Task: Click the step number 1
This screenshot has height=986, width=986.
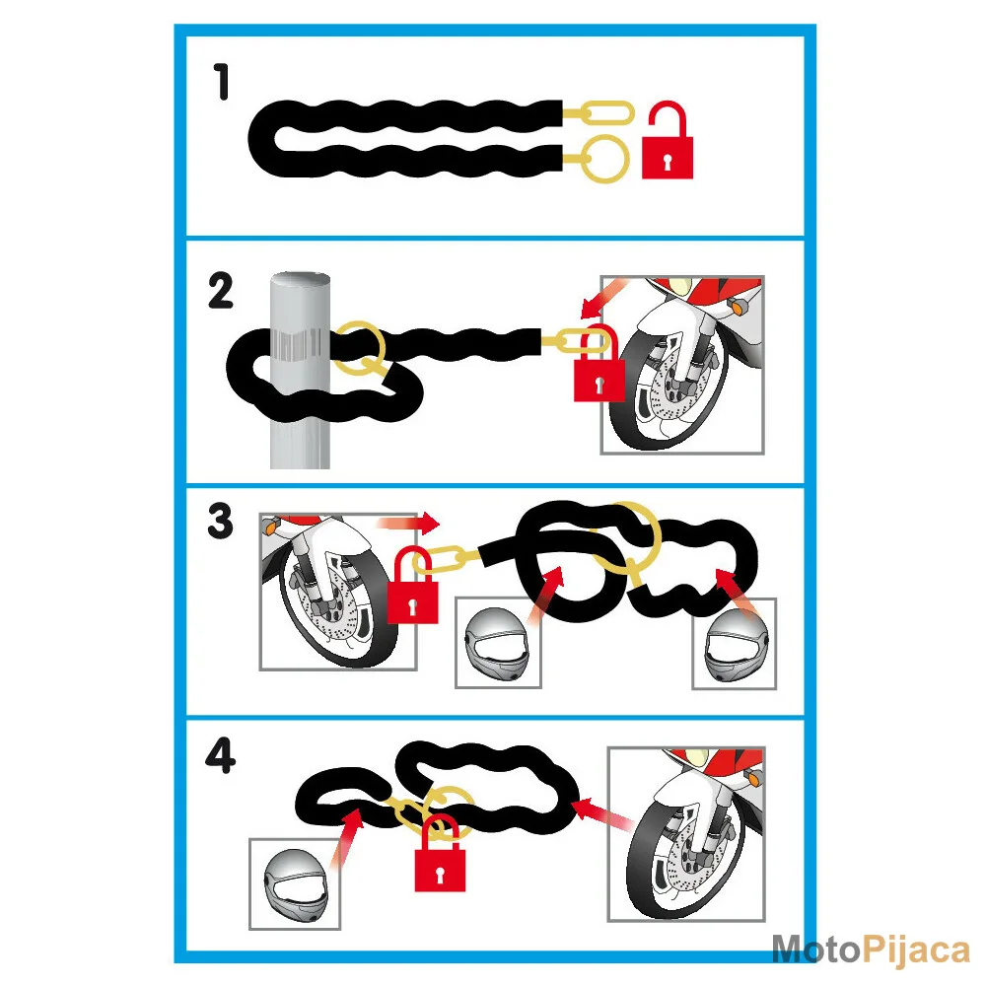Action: click(221, 82)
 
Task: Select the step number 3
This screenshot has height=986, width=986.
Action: click(220, 522)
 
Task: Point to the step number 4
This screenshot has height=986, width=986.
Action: click(221, 754)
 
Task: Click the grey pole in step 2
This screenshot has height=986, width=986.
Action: click(300, 371)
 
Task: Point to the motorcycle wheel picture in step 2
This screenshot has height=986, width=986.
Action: click(682, 365)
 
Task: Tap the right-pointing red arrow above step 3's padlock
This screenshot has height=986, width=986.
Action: click(408, 522)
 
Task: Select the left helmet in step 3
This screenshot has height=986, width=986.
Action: click(498, 643)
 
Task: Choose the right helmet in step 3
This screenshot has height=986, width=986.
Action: click(735, 644)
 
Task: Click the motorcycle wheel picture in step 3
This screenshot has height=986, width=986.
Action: click(338, 592)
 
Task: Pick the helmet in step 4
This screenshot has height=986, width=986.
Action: click(295, 884)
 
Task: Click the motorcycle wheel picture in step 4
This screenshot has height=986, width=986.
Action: click(686, 834)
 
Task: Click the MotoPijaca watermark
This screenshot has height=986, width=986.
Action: click(871, 949)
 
